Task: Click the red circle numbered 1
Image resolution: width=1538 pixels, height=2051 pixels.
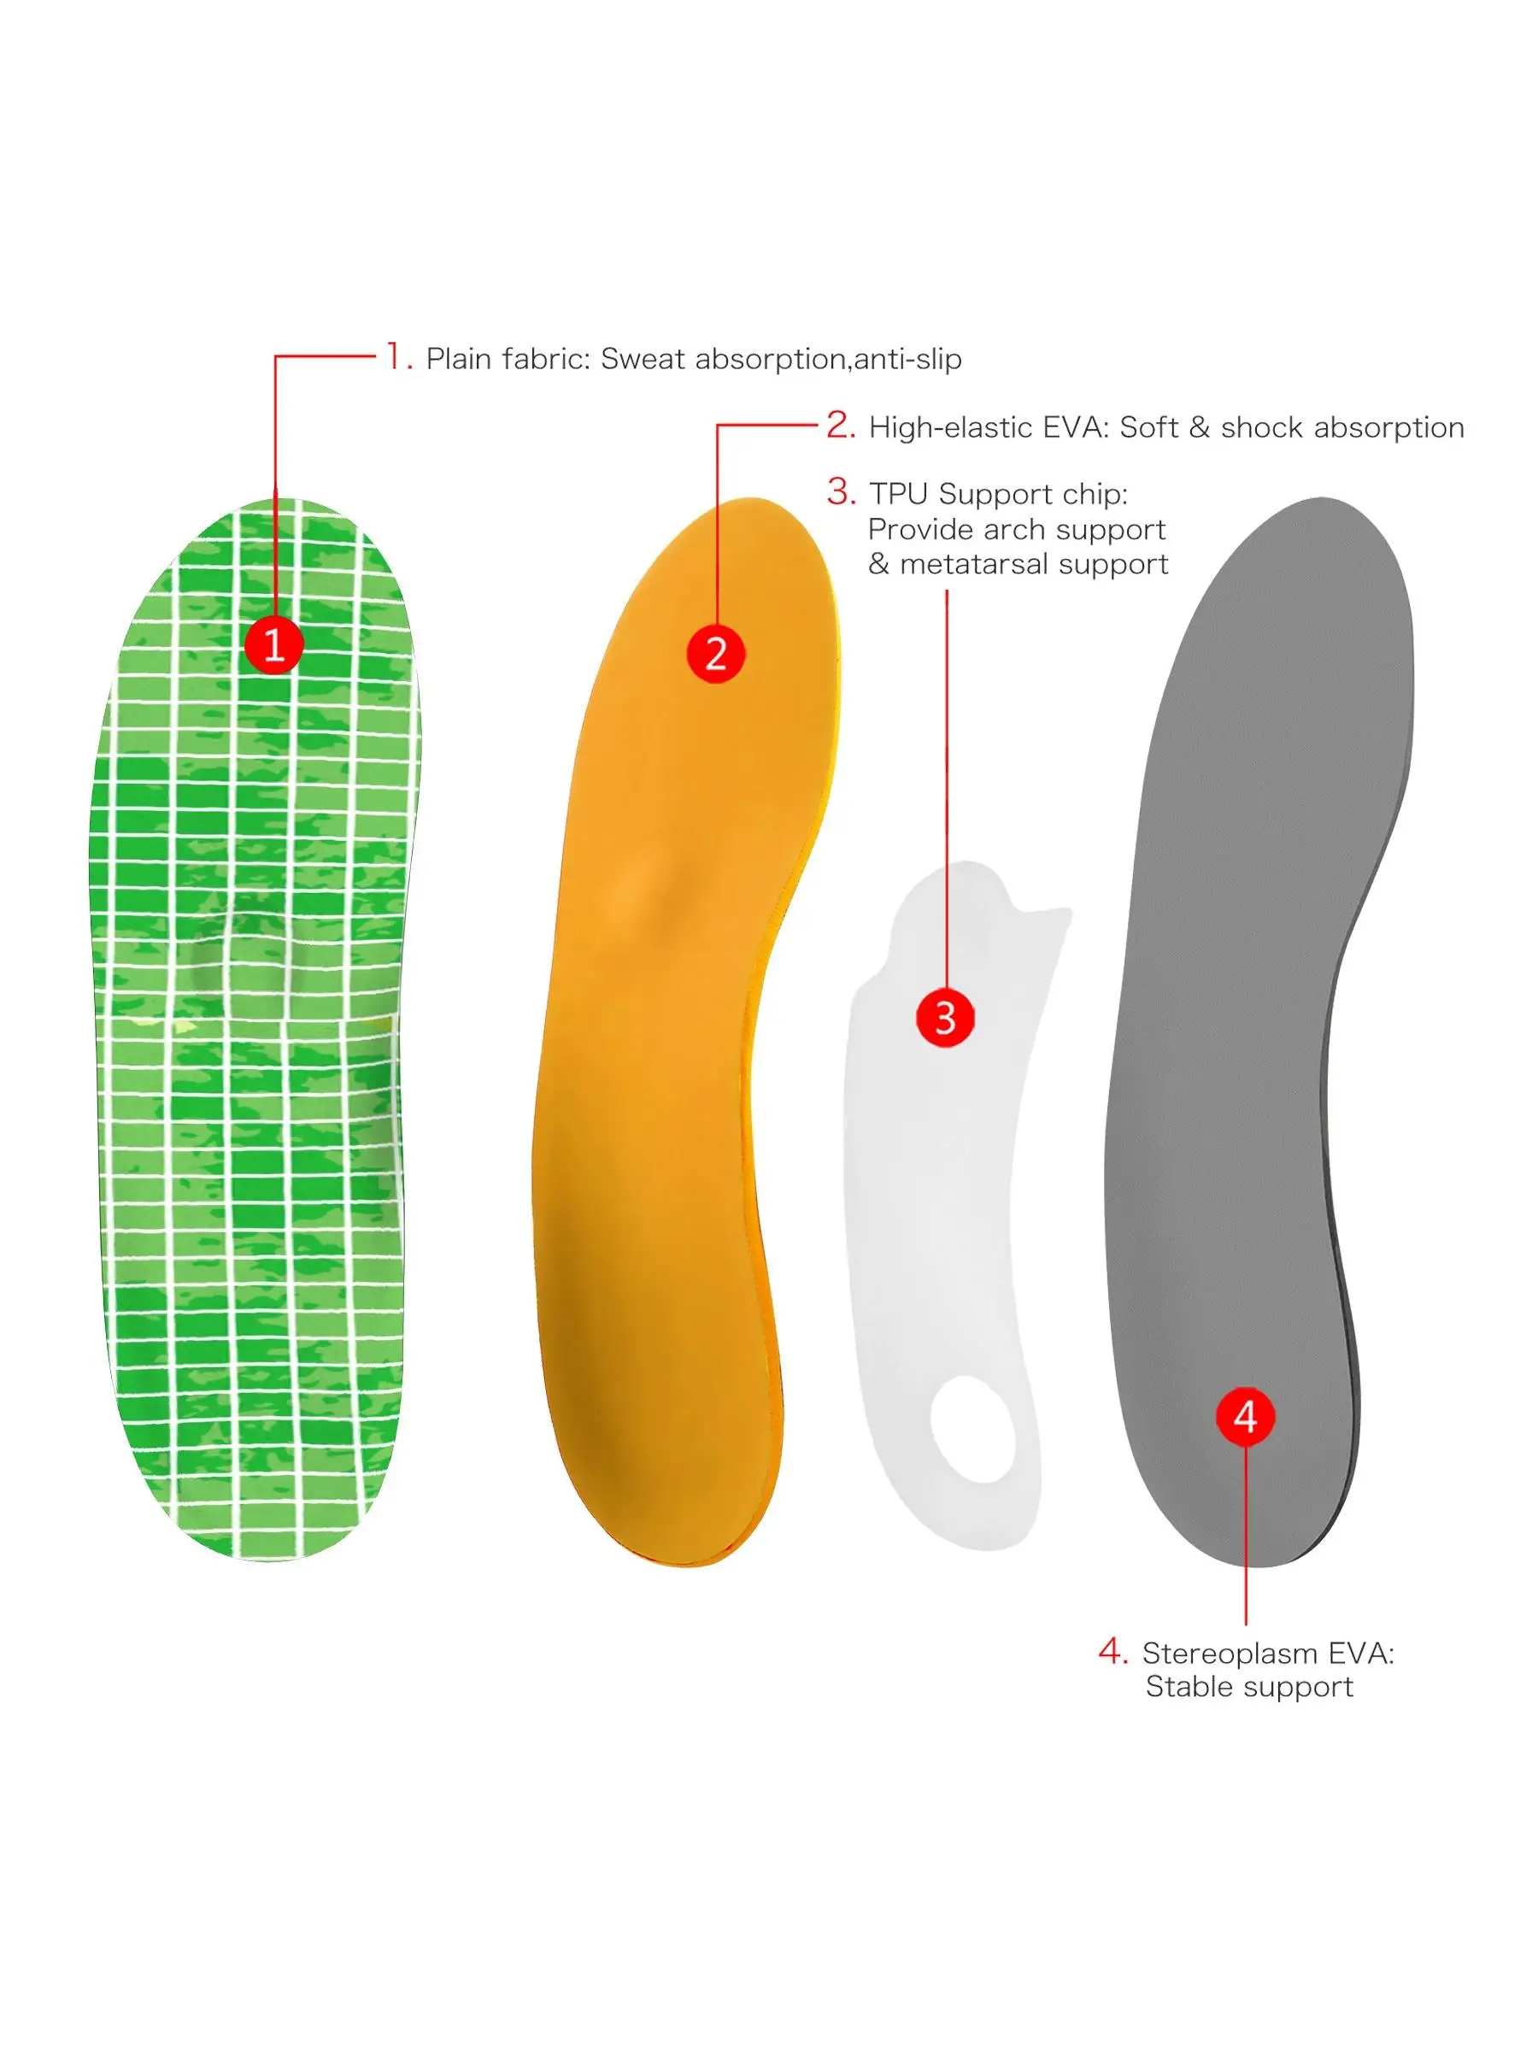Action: tap(273, 644)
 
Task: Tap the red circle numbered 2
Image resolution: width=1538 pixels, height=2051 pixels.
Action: tap(715, 654)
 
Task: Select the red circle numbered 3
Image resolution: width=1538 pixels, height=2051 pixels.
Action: tap(945, 1018)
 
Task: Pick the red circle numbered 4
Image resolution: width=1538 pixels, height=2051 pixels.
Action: tap(1245, 1417)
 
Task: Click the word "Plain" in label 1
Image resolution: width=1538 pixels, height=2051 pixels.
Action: tap(457, 359)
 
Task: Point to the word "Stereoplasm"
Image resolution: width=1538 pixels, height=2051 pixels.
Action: tap(1229, 1654)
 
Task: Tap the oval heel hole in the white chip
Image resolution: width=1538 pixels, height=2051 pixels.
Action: tap(972, 1430)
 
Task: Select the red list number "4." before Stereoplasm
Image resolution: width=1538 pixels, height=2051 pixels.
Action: tap(1112, 1651)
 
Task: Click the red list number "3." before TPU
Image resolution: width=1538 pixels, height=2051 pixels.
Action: tap(841, 492)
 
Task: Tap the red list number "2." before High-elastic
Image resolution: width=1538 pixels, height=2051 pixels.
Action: tap(841, 426)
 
